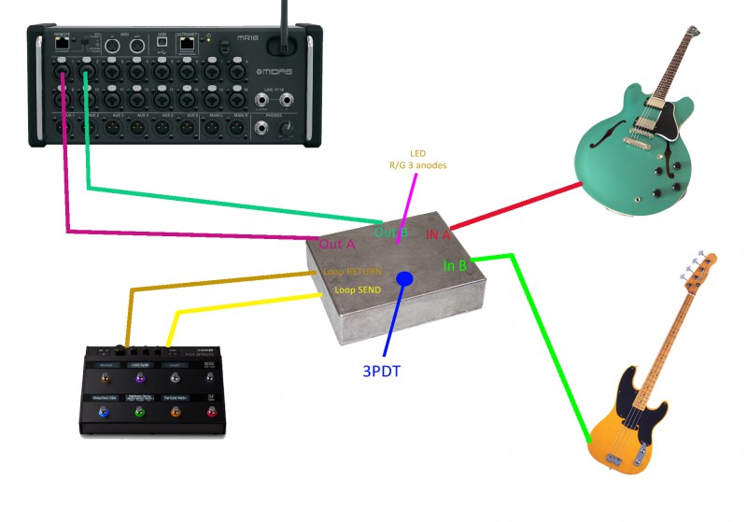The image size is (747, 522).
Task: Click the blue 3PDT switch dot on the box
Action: coord(404,278)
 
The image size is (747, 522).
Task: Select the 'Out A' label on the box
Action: coord(336,244)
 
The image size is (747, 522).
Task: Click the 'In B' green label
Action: coord(455,266)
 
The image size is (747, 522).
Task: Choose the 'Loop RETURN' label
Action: coord(351,272)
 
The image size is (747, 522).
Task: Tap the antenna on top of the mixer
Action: coord(285,23)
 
